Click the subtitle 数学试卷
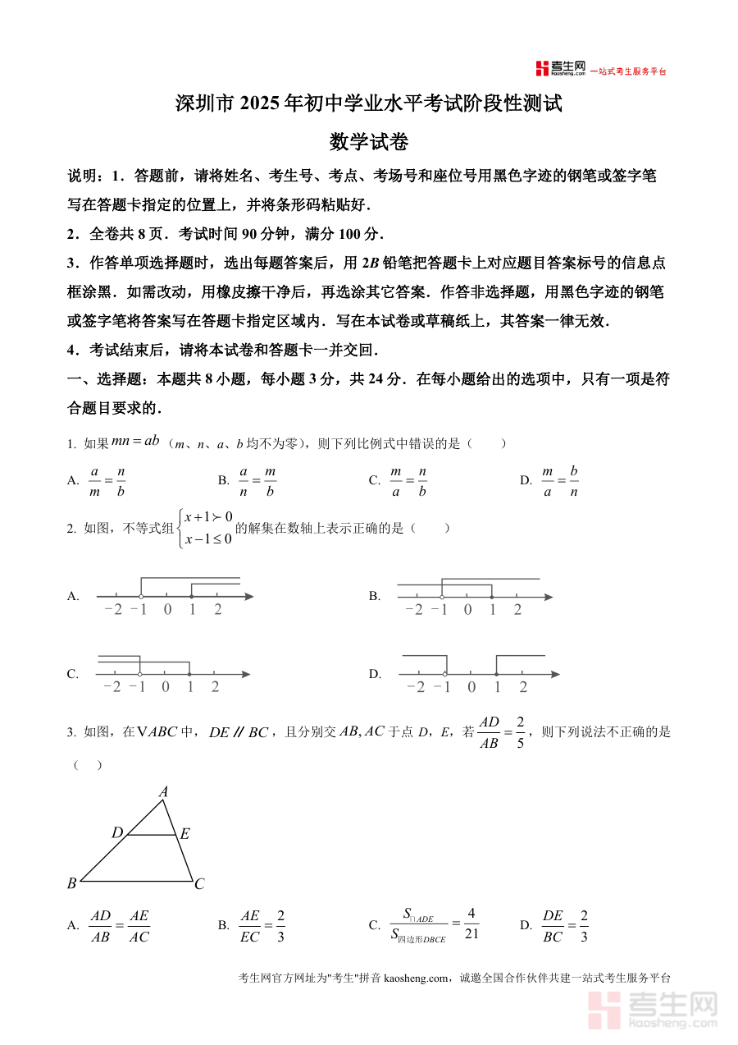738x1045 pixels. point(368,142)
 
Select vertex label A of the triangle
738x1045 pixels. point(163,791)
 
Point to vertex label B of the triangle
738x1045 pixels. point(71,883)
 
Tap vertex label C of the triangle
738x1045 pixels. point(199,884)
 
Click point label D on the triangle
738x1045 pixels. point(116,833)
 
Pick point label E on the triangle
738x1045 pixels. point(185,834)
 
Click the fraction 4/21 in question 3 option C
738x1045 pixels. point(471,924)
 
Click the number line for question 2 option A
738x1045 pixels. point(175,596)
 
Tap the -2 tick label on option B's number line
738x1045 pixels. point(414,610)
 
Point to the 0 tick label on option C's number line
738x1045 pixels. point(166,688)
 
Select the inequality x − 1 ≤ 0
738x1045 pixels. point(208,539)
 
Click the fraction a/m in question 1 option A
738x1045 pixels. point(94,481)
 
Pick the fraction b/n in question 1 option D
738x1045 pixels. point(574,481)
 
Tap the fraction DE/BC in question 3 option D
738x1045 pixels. point(553,925)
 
